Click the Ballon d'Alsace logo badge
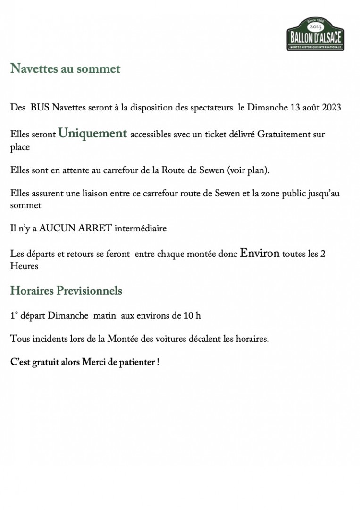point(315,34)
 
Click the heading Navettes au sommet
point(65,69)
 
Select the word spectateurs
point(210,108)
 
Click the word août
point(311,108)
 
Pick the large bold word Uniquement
point(92,134)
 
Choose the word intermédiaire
point(141,229)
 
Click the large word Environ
point(260,253)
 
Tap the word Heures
point(24,266)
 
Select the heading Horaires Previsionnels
point(66,291)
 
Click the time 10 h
point(192,315)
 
